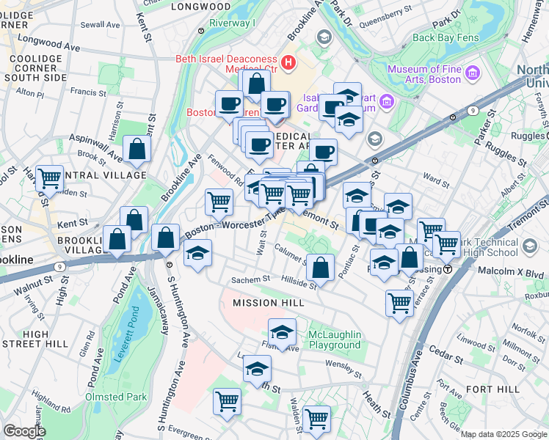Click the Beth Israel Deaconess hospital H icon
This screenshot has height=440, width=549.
click(x=288, y=62)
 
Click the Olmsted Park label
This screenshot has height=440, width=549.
click(x=115, y=397)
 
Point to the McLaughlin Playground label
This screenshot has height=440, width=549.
click(x=334, y=340)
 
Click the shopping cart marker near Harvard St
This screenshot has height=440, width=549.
click(x=49, y=177)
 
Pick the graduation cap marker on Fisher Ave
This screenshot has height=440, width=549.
click(x=282, y=331)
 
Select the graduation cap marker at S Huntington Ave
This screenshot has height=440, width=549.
click(x=197, y=254)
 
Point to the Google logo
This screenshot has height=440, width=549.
click(x=24, y=431)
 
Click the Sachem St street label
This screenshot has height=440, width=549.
click(x=251, y=279)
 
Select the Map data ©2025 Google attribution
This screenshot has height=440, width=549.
click(x=503, y=434)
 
